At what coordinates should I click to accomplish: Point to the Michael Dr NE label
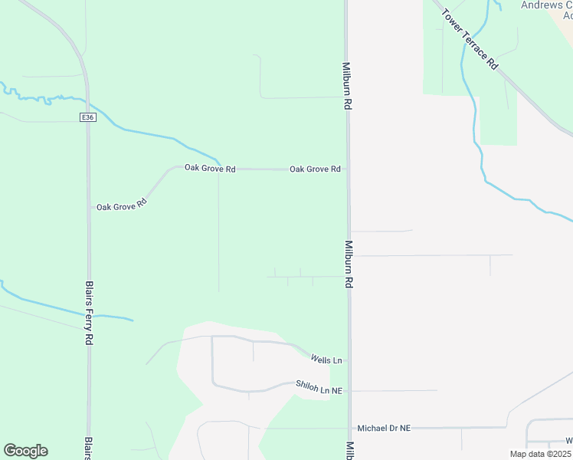click(x=385, y=428)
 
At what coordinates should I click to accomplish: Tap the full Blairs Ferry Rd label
click(x=89, y=311)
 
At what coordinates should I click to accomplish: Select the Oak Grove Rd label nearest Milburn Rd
click(x=315, y=169)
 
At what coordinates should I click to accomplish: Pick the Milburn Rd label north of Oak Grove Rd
click(x=346, y=87)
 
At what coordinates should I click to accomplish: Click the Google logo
click(x=25, y=451)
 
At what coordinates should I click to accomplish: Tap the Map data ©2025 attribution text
click(x=541, y=454)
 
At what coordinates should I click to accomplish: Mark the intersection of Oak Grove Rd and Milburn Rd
click(x=348, y=169)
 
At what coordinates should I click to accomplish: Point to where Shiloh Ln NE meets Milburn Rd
click(x=349, y=390)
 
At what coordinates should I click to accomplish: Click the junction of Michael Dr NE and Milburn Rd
click(x=350, y=428)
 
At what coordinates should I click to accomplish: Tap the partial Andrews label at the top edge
click(x=545, y=5)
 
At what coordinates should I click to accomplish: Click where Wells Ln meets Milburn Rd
click(x=349, y=359)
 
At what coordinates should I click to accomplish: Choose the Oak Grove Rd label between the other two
click(x=210, y=168)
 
